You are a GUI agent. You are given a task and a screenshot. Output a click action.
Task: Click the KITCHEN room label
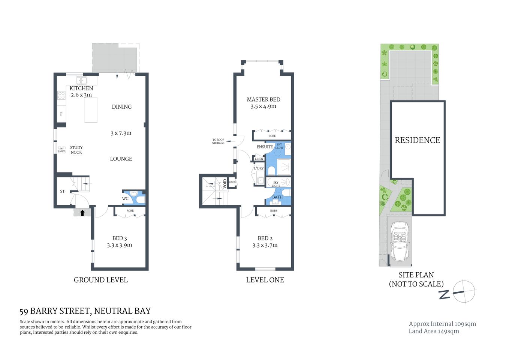(x=81, y=88)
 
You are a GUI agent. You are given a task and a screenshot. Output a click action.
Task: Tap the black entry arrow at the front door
(x=82, y=213)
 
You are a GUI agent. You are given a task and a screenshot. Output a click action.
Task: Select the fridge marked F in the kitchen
(x=61, y=114)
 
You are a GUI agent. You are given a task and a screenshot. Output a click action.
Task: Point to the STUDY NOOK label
(x=76, y=150)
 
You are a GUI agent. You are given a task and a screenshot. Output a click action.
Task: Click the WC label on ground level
(x=125, y=199)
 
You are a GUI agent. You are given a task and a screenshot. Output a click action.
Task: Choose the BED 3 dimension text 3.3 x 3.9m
(x=119, y=245)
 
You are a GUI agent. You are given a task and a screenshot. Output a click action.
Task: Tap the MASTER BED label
(x=263, y=99)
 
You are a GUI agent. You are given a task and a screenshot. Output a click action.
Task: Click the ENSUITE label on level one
(x=265, y=147)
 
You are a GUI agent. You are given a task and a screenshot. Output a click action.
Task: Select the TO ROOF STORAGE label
(x=218, y=141)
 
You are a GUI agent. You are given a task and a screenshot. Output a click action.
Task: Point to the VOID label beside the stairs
(x=225, y=183)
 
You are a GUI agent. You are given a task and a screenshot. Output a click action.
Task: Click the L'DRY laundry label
(x=259, y=168)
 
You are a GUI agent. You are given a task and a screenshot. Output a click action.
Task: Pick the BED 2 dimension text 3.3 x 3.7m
(x=265, y=245)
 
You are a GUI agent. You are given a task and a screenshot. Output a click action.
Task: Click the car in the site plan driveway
(x=400, y=242)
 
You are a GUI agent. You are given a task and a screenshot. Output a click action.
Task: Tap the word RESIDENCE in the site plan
(x=417, y=140)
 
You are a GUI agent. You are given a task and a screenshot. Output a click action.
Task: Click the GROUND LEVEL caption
(x=100, y=280)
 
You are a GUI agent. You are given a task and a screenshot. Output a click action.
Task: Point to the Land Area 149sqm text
(x=434, y=331)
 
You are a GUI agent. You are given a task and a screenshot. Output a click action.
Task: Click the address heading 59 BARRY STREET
(x=85, y=311)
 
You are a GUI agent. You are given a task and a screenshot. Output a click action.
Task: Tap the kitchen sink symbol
(x=82, y=80)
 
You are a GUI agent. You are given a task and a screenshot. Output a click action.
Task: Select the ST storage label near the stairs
(x=62, y=192)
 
